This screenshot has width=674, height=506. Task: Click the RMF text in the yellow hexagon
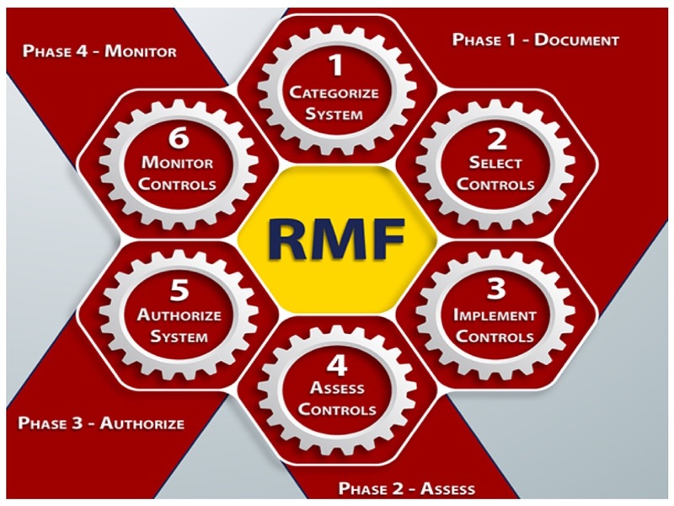click(337, 240)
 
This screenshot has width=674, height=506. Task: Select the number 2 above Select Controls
click(497, 139)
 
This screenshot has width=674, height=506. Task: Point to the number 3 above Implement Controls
click(496, 289)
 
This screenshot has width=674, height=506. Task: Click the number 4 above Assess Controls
click(337, 364)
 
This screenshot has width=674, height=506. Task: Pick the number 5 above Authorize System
click(179, 291)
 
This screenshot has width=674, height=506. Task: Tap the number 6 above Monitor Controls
click(179, 139)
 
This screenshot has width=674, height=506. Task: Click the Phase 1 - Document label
click(536, 40)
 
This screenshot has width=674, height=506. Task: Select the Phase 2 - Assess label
click(406, 487)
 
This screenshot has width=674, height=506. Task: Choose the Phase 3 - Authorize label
click(101, 423)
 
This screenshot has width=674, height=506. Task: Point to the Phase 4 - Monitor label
click(99, 51)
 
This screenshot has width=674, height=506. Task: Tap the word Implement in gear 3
click(495, 315)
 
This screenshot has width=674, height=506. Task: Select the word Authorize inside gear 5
click(179, 315)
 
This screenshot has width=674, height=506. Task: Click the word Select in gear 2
click(496, 163)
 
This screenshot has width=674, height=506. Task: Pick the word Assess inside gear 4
click(337, 389)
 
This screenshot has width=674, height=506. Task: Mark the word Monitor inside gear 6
click(178, 163)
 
